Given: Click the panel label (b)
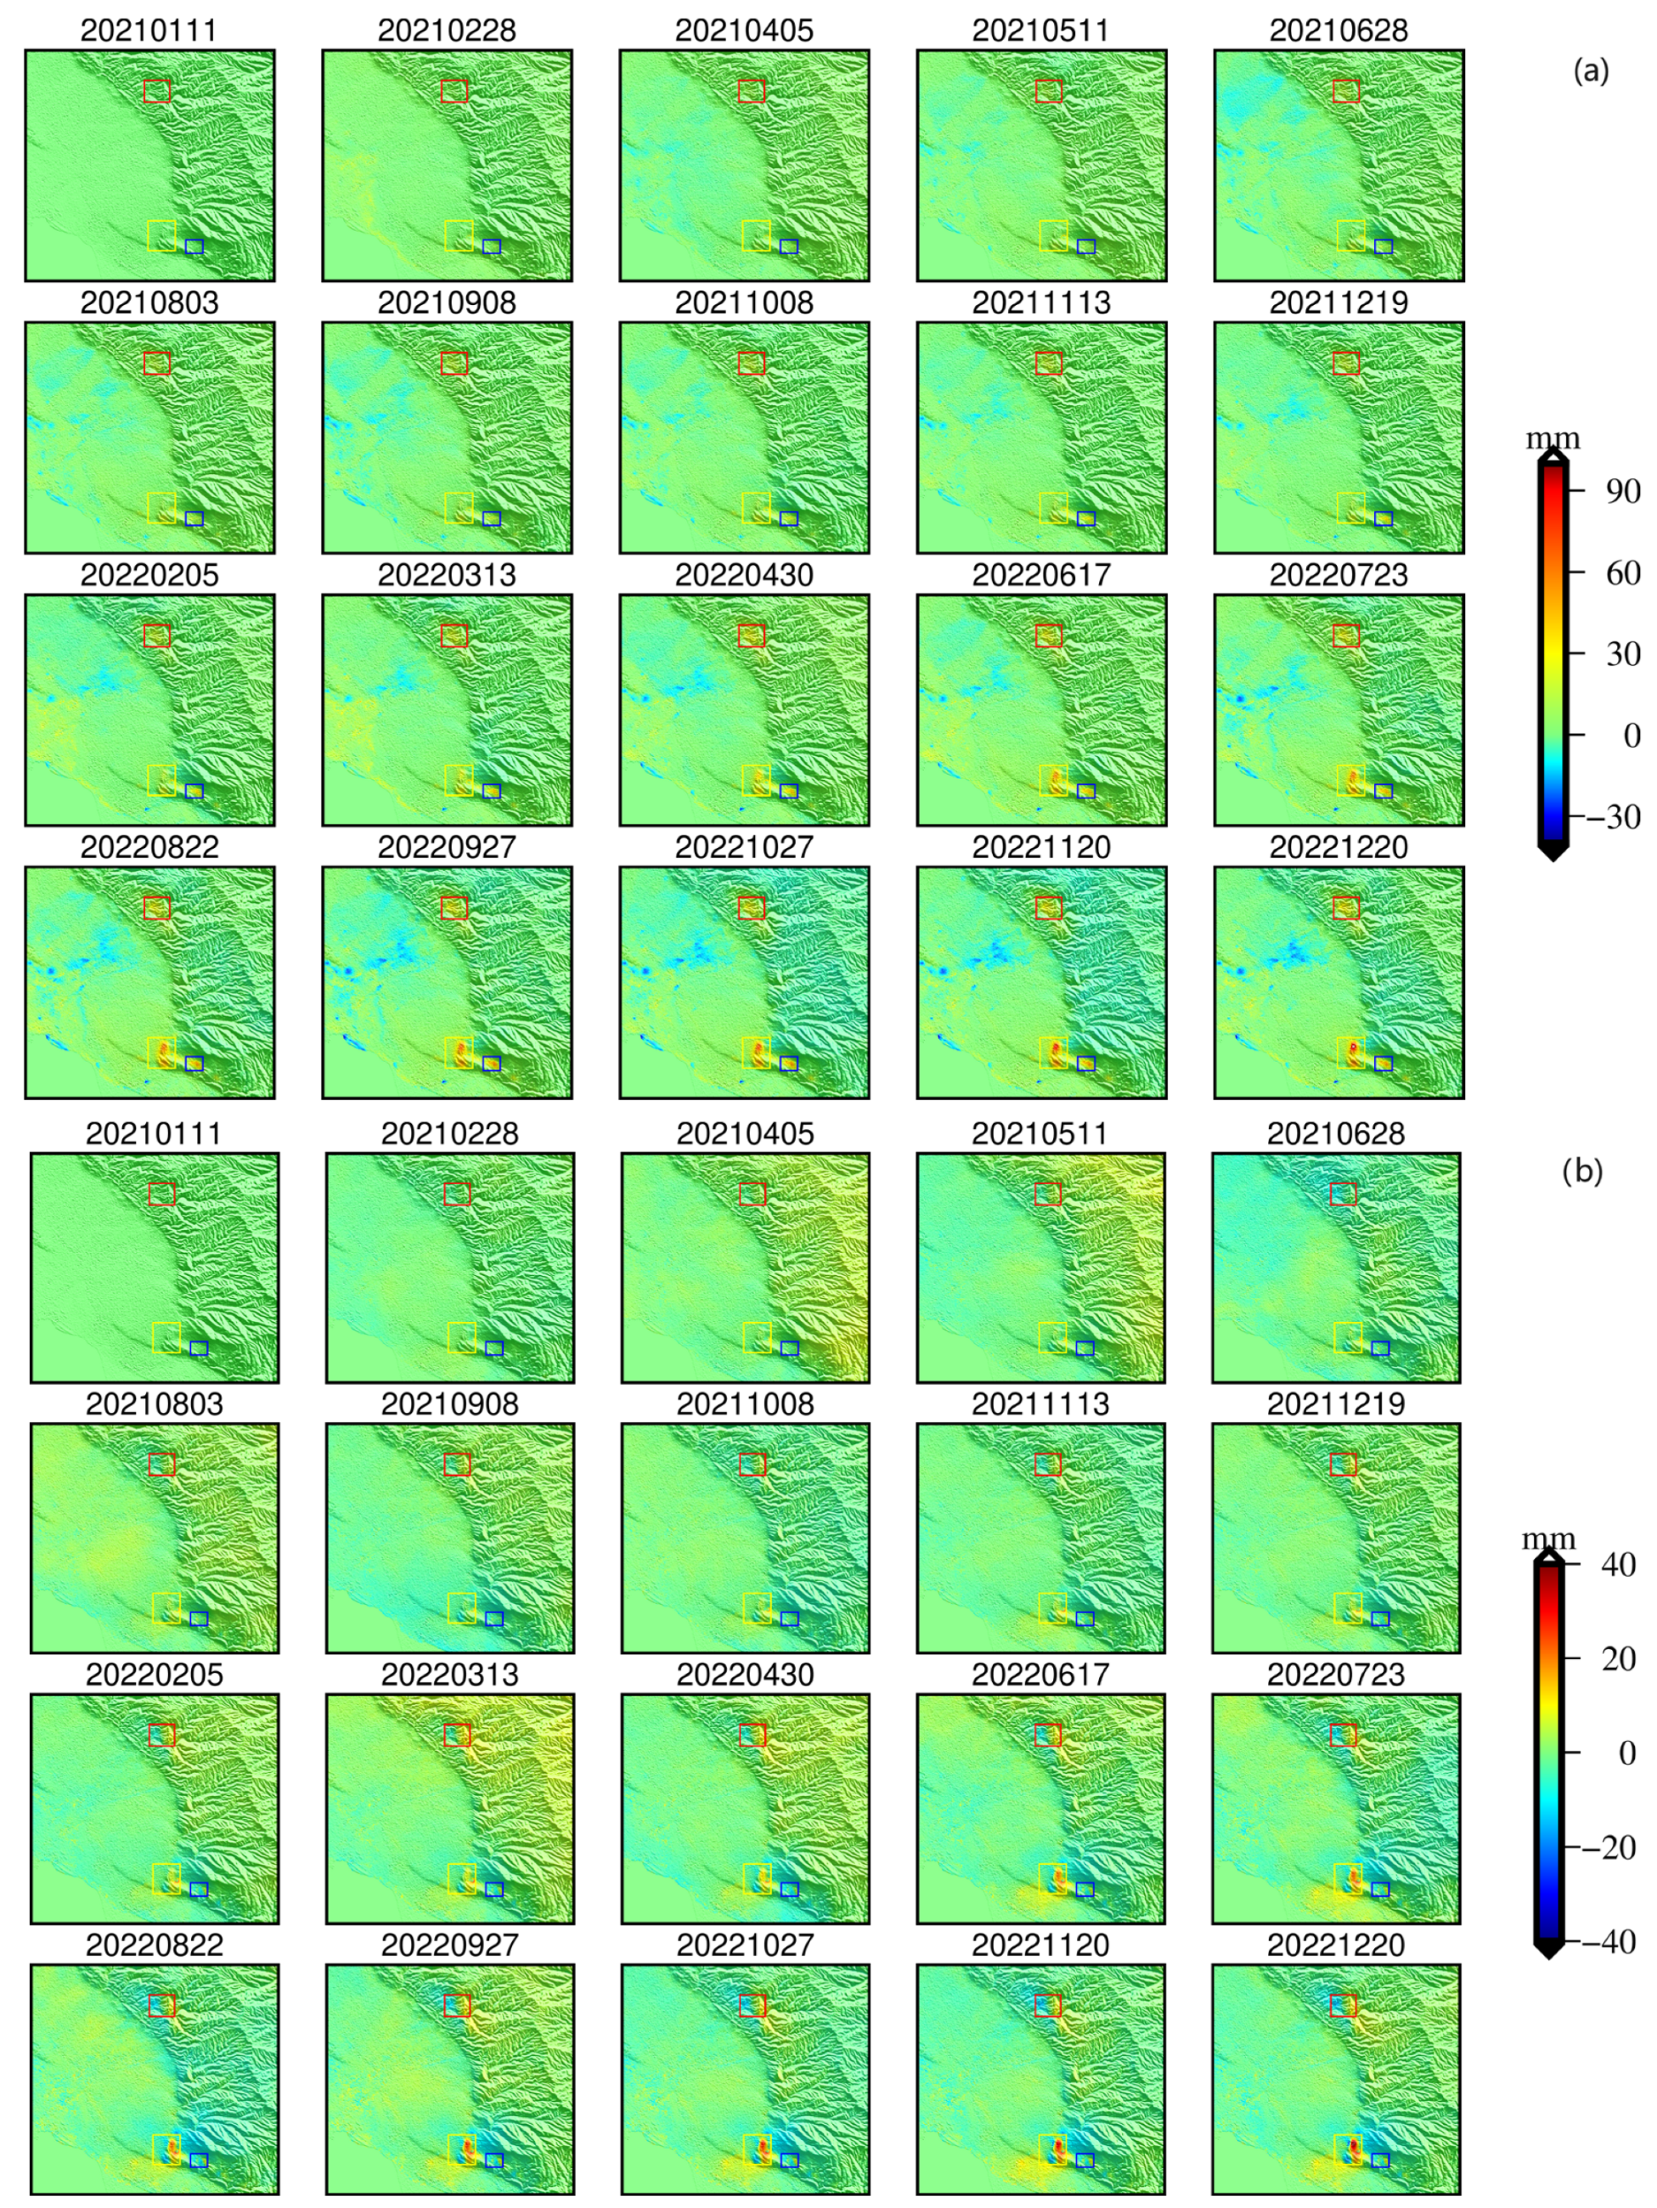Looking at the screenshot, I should pos(1582,1170).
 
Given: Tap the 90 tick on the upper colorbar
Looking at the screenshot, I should pos(1623,491).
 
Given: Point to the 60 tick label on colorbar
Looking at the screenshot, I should pos(1623,573).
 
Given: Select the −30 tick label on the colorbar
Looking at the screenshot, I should pos(1613,816).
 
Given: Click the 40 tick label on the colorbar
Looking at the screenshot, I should pos(1617,1564).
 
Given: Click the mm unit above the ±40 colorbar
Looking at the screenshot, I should pos(1548,1539).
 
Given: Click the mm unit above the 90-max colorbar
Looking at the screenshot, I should pos(1553,438).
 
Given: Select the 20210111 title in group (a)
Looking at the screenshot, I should pos(149,30).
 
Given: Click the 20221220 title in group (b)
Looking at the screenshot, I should pos(1336,1945).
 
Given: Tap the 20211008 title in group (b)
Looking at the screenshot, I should pos(745,1403).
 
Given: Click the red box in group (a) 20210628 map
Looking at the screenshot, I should pos(1345,91).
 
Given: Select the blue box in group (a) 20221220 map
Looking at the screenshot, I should pos(1383,1063).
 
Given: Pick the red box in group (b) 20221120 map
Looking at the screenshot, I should pos(1048,2005).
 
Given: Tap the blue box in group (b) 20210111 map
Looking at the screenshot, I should pos(199,1347).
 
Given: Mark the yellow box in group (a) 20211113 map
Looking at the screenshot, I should pos(1053,507).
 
